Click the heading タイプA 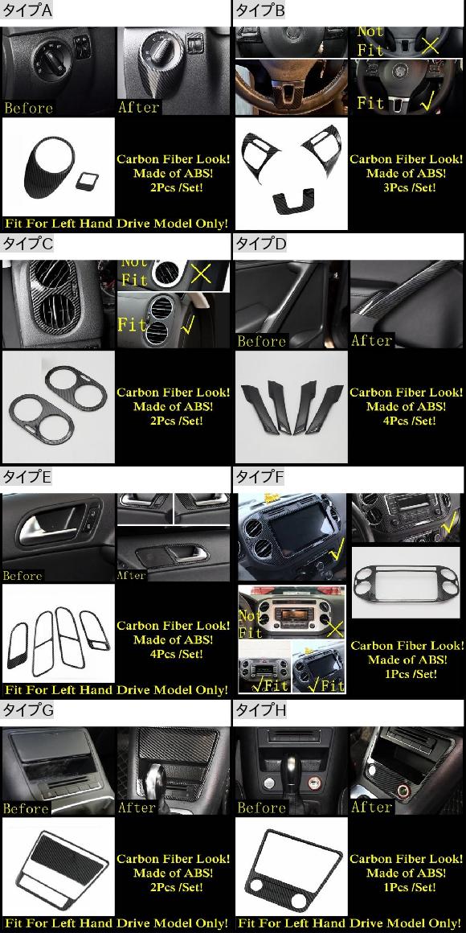click(27, 10)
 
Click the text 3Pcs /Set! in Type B click(405, 187)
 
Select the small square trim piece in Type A click(83, 182)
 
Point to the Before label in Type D click(262, 341)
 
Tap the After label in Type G click(137, 807)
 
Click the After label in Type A click(139, 107)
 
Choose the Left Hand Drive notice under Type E click(116, 690)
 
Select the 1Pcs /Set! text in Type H click(405, 887)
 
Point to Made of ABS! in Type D click(405, 406)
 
